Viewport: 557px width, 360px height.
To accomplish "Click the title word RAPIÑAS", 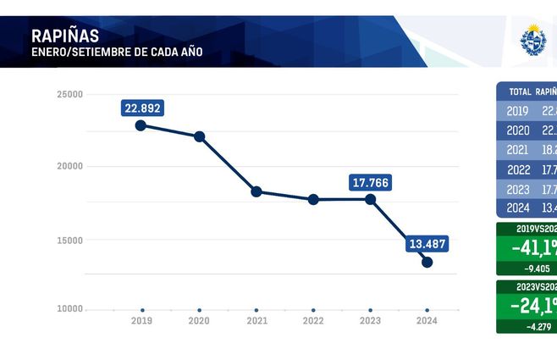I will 64,36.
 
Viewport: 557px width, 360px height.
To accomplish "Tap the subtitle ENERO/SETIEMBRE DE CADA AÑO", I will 116,53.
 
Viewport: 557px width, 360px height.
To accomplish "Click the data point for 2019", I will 141,125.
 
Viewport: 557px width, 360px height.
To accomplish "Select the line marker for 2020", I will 199,136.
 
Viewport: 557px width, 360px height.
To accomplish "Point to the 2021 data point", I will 256,191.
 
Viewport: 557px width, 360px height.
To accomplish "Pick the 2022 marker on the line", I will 313,199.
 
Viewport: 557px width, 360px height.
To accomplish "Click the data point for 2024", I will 427,262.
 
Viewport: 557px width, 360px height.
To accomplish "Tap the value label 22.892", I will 141,108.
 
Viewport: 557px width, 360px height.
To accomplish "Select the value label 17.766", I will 370,182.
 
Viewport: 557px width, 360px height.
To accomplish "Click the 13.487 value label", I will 427,244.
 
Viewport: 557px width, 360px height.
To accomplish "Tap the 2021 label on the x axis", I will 256,322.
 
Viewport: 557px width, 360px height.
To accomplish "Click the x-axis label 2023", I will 370,322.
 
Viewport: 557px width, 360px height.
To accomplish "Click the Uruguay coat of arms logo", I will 533,39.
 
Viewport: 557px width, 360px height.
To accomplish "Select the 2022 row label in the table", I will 517,169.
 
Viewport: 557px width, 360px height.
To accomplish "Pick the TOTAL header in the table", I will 520,91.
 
